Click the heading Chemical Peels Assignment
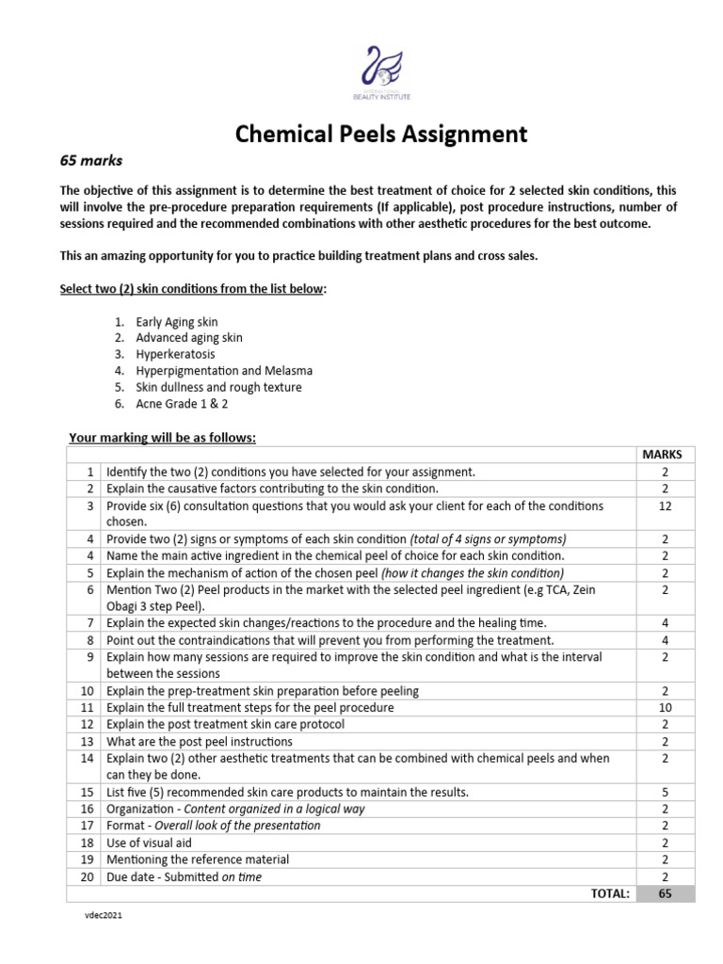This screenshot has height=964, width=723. (381, 135)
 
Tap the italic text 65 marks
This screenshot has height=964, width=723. (91, 160)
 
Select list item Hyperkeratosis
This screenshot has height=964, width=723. (175, 354)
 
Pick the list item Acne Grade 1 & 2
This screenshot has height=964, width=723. (182, 404)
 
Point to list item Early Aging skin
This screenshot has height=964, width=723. (177, 321)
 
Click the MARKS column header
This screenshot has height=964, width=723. (662, 454)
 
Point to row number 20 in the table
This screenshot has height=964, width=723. (87, 876)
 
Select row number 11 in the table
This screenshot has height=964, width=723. (87, 707)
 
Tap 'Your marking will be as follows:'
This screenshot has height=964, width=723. (162, 437)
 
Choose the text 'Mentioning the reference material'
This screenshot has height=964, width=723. (198, 860)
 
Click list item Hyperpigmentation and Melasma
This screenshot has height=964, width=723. (224, 371)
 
